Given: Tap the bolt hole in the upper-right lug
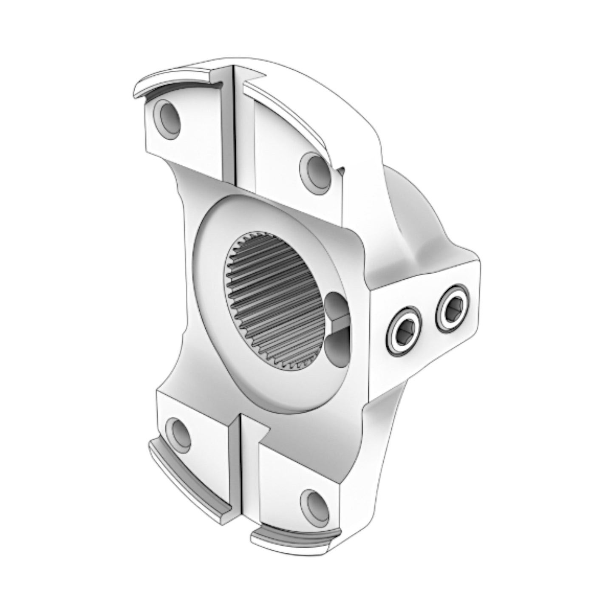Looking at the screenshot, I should [315, 171].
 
